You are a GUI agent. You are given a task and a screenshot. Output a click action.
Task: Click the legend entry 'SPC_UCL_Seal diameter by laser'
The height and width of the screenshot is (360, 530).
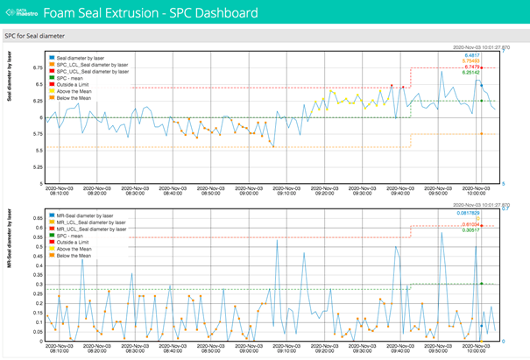click(97, 70)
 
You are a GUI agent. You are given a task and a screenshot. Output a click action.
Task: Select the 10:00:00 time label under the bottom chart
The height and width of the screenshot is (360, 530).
click(476, 349)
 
